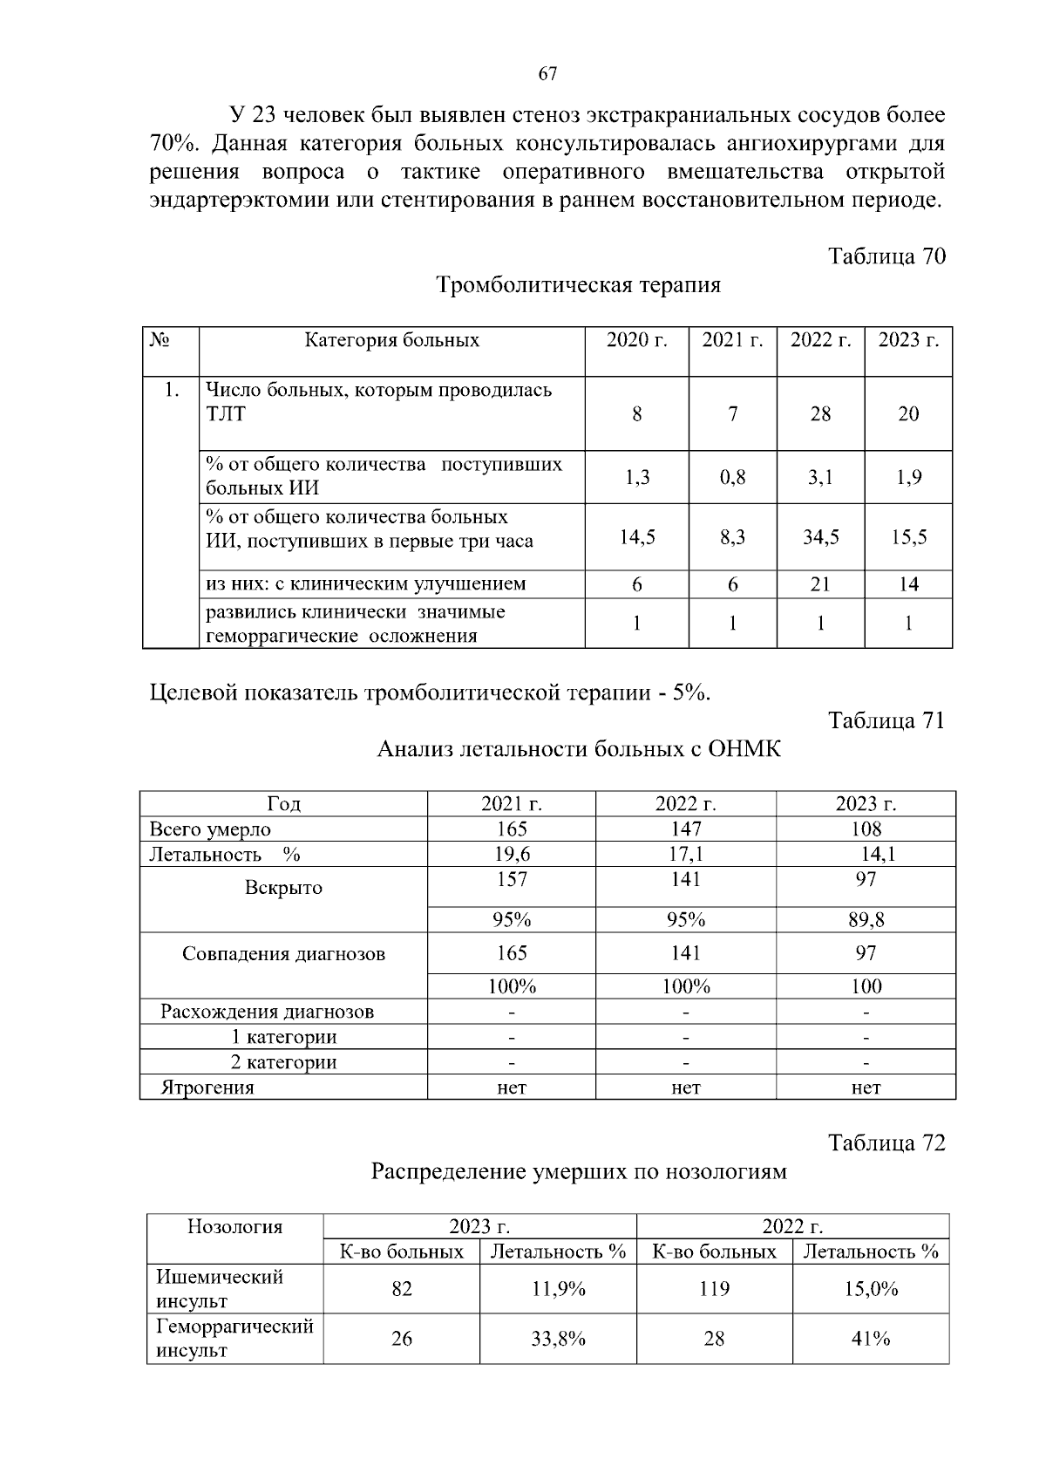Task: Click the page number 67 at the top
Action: pyautogui.click(x=547, y=74)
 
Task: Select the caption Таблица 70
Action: pyautogui.click(x=886, y=256)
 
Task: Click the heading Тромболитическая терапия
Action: pyautogui.click(x=578, y=285)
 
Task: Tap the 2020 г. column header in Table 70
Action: pyautogui.click(x=636, y=340)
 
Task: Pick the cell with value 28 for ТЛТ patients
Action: pyautogui.click(x=820, y=414)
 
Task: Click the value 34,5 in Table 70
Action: pyautogui.click(x=820, y=537)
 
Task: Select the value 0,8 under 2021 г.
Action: pyautogui.click(x=732, y=477)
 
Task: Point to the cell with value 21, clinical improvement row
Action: pyautogui.click(x=820, y=584)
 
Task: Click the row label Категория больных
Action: pyautogui.click(x=391, y=340)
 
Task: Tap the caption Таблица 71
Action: pyautogui.click(x=886, y=720)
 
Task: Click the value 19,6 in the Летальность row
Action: pyautogui.click(x=512, y=854)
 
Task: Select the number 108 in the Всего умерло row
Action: pyautogui.click(x=866, y=829)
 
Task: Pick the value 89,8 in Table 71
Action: pyautogui.click(x=866, y=919)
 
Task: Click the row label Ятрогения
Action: pyautogui.click(x=207, y=1087)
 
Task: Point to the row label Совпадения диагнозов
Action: pyautogui.click(x=283, y=953)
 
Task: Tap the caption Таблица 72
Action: pyautogui.click(x=886, y=1142)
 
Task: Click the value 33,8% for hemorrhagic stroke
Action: pyautogui.click(x=558, y=1339)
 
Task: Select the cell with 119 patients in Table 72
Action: pyautogui.click(x=714, y=1289)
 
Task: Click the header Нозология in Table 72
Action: pyautogui.click(x=234, y=1227)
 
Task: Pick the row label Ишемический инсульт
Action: pyautogui.click(x=220, y=1289)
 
